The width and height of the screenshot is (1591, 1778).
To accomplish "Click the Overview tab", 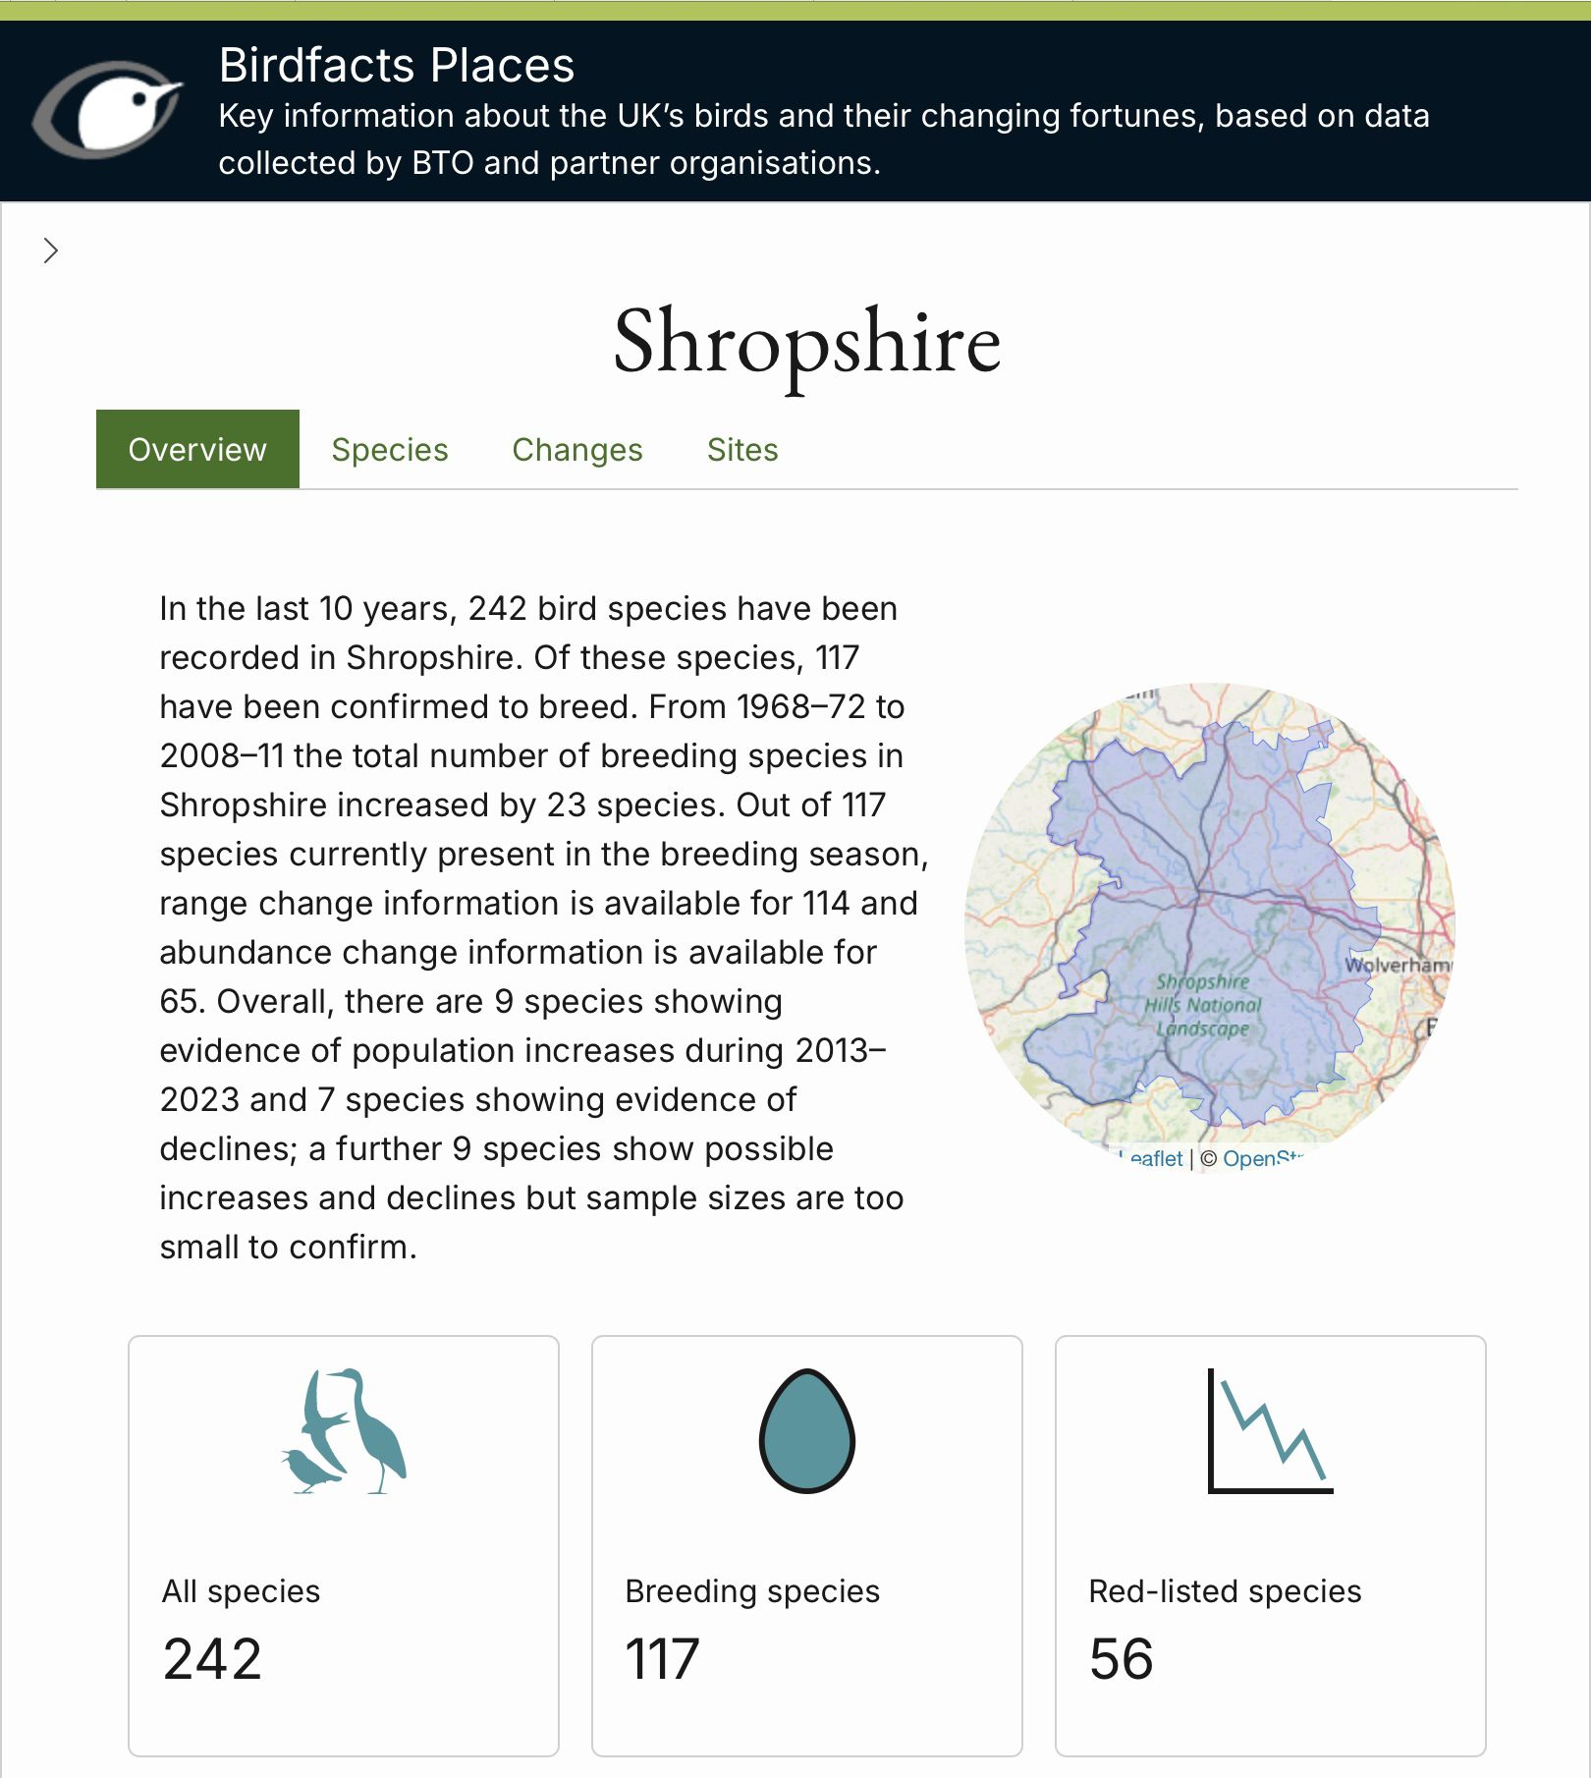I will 197,449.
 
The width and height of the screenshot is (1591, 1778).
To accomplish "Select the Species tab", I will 390,449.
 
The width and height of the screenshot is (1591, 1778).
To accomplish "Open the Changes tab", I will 577,449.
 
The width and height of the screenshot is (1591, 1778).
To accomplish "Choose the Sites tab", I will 742,449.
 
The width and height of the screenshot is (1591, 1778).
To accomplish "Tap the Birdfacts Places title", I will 396,66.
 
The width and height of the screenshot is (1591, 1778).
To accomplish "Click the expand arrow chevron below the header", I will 51,251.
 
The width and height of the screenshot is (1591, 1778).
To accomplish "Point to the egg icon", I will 806,1430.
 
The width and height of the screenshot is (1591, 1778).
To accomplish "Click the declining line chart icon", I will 1270,1430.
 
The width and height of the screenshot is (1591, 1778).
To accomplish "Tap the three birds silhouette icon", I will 343,1430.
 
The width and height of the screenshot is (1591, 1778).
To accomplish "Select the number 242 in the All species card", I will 212,1659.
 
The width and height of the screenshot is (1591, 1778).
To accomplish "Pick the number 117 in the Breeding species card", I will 662,1659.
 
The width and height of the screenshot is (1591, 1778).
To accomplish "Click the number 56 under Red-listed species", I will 1121,1659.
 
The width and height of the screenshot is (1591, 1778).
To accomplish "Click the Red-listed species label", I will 1225,1591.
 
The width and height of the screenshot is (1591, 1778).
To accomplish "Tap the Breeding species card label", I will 752,1591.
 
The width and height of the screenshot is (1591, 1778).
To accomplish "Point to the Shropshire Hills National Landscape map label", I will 1202,1005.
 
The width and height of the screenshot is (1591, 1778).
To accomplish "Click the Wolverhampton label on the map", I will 1397,965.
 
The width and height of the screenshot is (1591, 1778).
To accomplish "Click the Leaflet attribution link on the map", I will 1155,1159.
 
